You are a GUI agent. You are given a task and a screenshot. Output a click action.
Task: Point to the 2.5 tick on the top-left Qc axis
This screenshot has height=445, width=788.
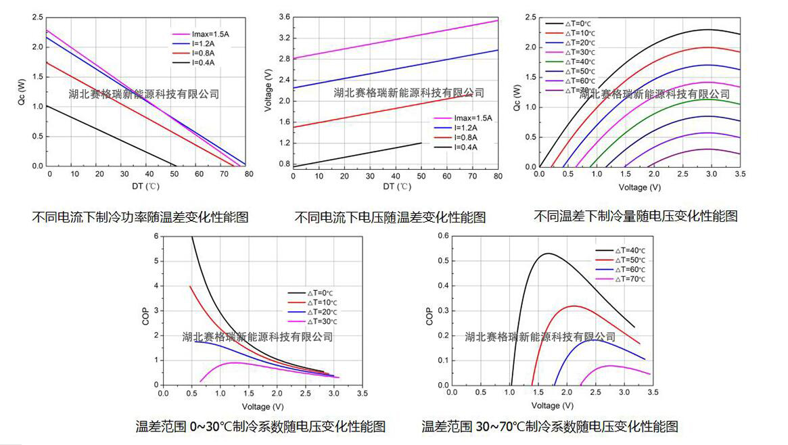[37, 17]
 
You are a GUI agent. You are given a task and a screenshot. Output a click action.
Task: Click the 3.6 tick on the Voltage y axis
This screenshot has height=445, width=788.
[284, 17]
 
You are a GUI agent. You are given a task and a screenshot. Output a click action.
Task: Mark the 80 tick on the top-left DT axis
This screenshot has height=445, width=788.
[249, 174]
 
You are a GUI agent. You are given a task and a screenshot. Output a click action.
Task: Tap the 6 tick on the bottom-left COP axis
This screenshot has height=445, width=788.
[156, 236]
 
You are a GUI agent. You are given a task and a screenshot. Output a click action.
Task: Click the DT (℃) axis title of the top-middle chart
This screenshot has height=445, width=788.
[396, 186]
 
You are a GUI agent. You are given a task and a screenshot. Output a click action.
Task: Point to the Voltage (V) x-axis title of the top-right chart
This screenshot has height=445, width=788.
[639, 187]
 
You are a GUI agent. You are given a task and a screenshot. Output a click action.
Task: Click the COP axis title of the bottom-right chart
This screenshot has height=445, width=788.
[429, 317]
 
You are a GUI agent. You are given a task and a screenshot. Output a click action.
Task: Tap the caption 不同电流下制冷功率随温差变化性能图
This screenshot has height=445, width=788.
[141, 217]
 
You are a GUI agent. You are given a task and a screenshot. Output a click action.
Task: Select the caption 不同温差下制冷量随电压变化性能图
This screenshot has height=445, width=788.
[635, 216]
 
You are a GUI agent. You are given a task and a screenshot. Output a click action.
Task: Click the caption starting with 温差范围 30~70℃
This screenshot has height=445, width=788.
[549, 427]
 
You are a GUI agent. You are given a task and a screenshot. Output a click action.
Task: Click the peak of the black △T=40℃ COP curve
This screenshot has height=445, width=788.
[548, 254]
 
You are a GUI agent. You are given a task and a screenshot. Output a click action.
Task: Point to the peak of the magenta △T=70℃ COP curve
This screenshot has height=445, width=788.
[610, 366]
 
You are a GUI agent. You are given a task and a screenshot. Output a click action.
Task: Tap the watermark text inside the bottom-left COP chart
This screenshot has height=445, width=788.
[258, 337]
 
